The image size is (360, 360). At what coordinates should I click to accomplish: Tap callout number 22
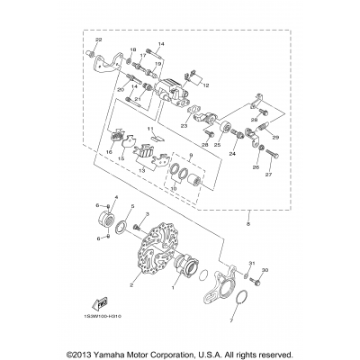coord(99,42)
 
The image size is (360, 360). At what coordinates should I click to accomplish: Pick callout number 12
coord(206,85)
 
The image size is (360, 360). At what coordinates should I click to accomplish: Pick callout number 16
coord(108,154)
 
